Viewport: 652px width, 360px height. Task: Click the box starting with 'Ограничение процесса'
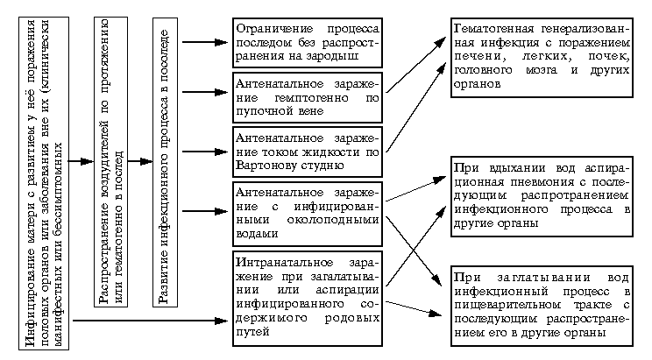[x=308, y=42]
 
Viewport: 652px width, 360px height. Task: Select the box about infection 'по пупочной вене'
[x=308, y=97]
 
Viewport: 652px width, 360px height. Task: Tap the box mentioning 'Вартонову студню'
[x=308, y=152]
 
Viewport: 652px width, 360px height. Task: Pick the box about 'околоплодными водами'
[x=308, y=214]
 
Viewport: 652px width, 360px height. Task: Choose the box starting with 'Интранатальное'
[x=308, y=299]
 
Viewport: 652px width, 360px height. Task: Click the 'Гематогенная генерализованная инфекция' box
[x=542, y=57]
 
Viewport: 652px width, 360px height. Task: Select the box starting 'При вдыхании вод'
[x=542, y=196]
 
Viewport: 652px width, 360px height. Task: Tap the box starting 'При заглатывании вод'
[x=542, y=306]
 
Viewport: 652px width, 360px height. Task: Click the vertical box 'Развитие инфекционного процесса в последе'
[x=165, y=162]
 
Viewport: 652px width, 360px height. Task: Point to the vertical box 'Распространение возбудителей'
[x=110, y=162]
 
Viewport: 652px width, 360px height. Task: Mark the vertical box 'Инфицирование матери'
[x=44, y=183]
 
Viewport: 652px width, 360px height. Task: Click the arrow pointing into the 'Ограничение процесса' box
[x=205, y=42]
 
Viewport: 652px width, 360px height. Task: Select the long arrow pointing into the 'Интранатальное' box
[x=150, y=321]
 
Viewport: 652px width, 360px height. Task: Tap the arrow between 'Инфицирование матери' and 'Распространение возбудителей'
[x=81, y=161]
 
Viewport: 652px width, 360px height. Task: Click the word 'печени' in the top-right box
[x=474, y=57]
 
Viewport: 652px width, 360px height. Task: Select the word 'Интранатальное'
[x=285, y=263]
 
